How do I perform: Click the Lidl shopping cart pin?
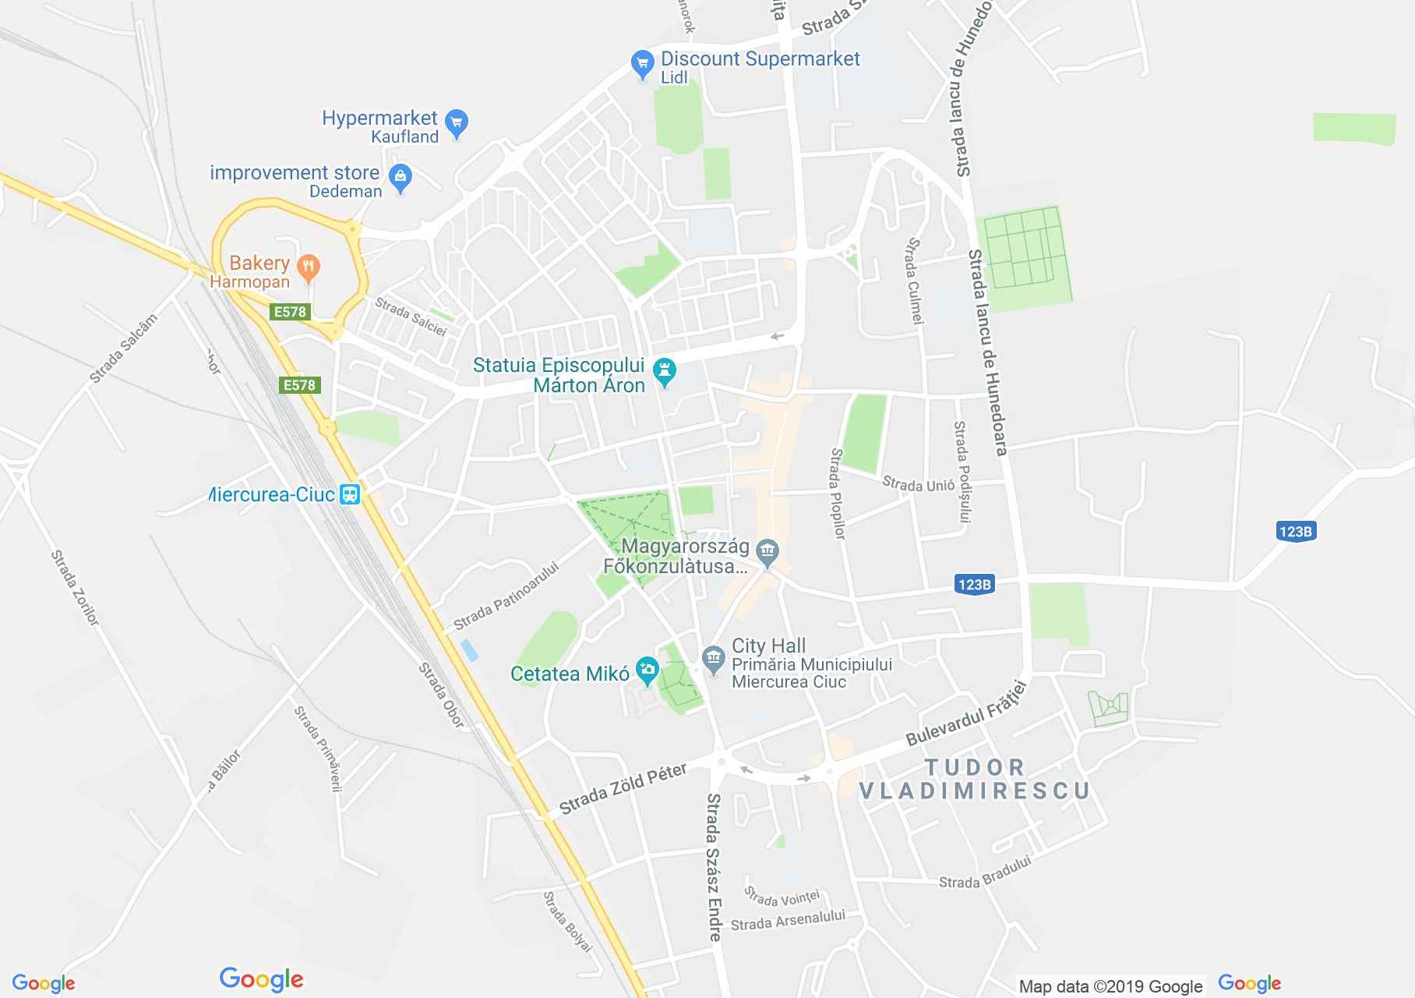[x=642, y=65]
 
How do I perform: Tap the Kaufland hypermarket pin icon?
[x=457, y=123]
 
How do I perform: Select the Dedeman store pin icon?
[x=400, y=179]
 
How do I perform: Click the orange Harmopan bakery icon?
[x=309, y=267]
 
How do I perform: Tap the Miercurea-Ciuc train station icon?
[x=350, y=494]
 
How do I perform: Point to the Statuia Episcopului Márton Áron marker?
[x=665, y=372]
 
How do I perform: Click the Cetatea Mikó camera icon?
[x=647, y=670]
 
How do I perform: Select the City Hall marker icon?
[x=713, y=660]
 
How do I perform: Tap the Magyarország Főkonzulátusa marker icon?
[x=768, y=553]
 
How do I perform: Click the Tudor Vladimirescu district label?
[x=973, y=779]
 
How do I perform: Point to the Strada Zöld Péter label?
[x=623, y=788]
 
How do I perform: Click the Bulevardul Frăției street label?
[x=966, y=713]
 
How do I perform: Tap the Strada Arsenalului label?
[x=788, y=921]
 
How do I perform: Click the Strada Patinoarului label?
[x=506, y=596]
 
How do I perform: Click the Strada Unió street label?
[x=918, y=484]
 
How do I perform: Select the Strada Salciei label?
[x=411, y=317]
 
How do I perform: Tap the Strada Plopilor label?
[x=838, y=494]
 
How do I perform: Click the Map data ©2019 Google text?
[x=1110, y=986]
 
